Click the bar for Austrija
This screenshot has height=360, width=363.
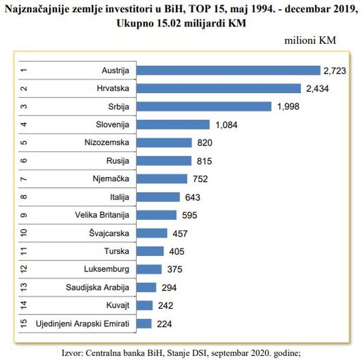(228, 70)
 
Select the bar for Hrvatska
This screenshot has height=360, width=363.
(218, 89)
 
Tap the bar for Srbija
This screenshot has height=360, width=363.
(203, 106)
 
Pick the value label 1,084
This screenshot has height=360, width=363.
(226, 125)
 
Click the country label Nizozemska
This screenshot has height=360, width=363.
(107, 143)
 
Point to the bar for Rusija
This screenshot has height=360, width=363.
(164, 161)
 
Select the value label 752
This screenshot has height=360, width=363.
(200, 179)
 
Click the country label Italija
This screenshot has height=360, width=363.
(119, 197)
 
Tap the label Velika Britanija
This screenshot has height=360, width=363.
(102, 215)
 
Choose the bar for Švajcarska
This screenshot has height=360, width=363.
(152, 233)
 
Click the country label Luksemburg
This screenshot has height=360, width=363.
(106, 269)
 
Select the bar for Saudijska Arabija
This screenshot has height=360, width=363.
(146, 288)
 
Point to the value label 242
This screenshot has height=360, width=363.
(164, 305)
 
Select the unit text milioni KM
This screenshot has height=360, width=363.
(310, 41)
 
